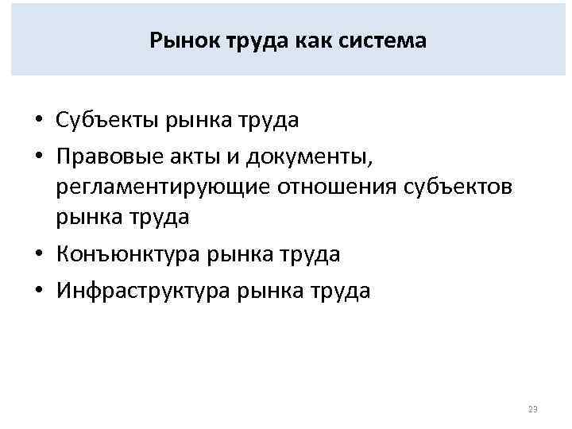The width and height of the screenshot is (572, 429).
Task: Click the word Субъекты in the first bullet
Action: point(107,120)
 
